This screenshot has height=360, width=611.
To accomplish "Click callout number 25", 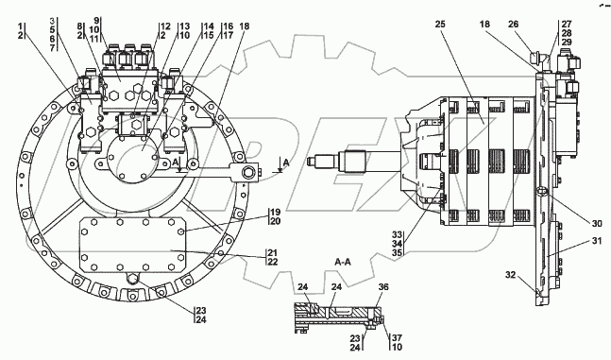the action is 440,25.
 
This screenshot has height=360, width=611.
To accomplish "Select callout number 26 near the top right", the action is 514,25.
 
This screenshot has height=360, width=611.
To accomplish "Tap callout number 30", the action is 597,224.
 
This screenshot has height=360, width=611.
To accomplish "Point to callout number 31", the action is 597,241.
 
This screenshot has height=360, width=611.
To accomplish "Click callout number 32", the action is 511,275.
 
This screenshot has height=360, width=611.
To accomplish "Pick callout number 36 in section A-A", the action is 383,287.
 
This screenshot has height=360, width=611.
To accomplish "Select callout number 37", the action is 397,337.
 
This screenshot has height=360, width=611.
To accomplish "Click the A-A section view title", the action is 343,262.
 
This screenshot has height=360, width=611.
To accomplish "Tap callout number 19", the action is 276,213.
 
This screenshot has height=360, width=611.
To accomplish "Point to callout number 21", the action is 273,252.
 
